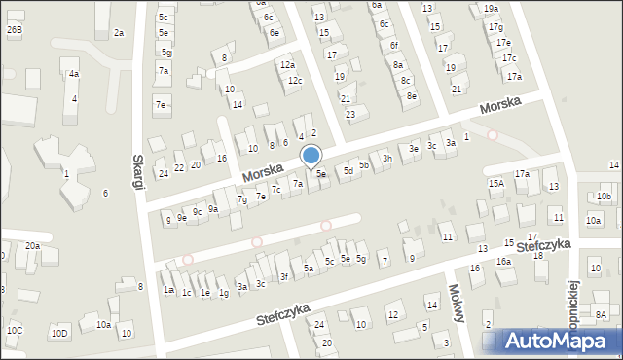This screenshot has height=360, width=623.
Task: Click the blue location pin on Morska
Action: click(x=311, y=156)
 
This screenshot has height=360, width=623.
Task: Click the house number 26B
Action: click(x=14, y=31)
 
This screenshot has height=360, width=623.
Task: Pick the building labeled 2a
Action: click(x=118, y=33)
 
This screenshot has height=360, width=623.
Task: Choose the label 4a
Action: click(x=73, y=74)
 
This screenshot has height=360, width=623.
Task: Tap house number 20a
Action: click(x=32, y=246)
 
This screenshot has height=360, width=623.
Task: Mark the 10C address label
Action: click(x=14, y=331)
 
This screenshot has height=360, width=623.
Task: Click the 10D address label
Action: click(x=59, y=334)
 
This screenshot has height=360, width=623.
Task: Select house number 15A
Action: click(x=495, y=183)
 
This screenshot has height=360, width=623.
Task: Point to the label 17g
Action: click(x=495, y=27)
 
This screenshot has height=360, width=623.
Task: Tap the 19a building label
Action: click(x=490, y=9)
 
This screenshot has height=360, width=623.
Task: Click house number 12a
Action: click(x=287, y=65)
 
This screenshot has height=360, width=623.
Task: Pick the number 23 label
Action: click(x=350, y=115)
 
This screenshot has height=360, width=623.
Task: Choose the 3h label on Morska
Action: click(x=386, y=158)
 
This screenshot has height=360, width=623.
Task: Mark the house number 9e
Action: click(x=181, y=218)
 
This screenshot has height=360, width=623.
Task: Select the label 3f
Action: click(x=284, y=277)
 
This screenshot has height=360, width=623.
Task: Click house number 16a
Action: click(x=503, y=262)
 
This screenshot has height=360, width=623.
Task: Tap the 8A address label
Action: click(x=602, y=314)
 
